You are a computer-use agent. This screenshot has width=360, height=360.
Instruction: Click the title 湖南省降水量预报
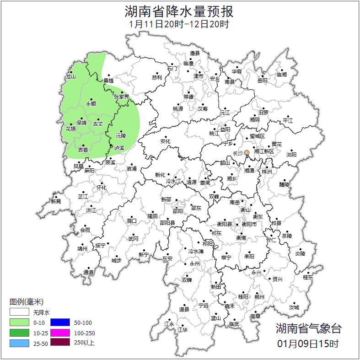179,11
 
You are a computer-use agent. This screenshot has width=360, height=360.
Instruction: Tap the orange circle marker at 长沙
247,152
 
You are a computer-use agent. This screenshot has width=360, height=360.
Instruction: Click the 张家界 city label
121,97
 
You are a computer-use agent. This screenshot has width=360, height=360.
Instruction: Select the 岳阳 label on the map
262,81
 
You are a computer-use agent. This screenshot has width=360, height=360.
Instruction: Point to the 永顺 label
91,104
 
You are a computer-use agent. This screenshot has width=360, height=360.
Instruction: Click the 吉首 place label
83,150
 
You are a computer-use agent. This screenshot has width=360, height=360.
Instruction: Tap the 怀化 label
101,188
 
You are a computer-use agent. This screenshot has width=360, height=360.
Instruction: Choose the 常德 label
188,97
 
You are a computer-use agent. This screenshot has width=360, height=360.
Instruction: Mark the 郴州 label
259,296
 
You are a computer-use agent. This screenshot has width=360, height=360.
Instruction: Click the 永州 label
195,264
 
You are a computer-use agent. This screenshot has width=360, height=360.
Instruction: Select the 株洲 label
267,172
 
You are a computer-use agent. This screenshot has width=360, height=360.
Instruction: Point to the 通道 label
88,273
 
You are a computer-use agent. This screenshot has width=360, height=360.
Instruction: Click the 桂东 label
308,277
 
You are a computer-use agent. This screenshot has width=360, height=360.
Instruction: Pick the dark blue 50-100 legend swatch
60,323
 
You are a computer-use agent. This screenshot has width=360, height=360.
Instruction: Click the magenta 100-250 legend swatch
60,333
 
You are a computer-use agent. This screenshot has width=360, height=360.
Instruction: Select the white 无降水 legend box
19,313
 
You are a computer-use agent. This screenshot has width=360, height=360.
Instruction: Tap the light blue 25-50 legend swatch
19,343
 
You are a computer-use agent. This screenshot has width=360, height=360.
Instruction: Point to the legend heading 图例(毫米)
27,302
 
